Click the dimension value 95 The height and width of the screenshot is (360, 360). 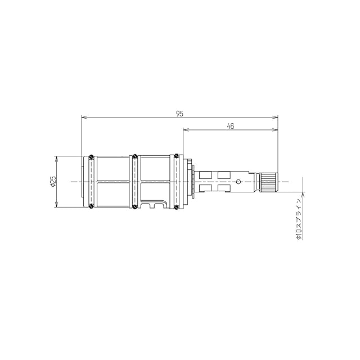click(x=180, y=114)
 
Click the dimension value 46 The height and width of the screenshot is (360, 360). click(x=230, y=126)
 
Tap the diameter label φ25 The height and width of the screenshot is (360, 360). click(x=53, y=181)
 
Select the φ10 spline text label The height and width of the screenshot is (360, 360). click(x=298, y=219)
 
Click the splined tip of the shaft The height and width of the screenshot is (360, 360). click(x=269, y=182)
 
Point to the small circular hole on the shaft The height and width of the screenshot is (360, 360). click(x=238, y=182)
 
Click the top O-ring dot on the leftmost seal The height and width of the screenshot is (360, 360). click(x=91, y=156)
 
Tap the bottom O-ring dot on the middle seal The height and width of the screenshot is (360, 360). click(x=135, y=207)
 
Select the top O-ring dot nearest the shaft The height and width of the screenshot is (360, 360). click(x=176, y=156)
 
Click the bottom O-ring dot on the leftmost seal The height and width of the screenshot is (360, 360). click(x=91, y=206)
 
